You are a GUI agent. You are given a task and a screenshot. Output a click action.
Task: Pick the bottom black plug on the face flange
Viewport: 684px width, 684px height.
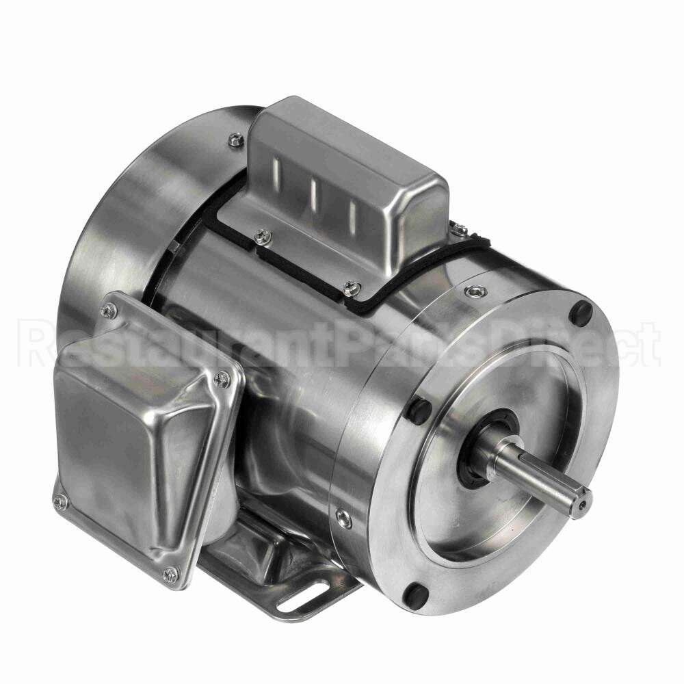point(416,594)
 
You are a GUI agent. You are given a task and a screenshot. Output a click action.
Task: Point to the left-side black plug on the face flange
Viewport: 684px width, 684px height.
point(421,410)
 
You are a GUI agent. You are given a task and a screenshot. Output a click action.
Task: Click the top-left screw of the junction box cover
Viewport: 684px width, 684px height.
point(109,311)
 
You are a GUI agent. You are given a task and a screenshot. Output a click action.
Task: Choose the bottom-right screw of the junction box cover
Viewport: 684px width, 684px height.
point(172,574)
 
